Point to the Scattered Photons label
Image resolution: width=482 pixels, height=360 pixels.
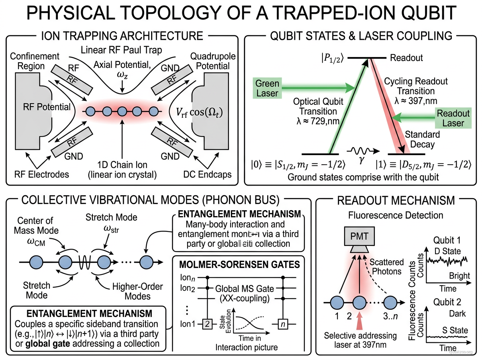tap(386, 267)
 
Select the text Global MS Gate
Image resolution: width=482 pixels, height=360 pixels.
tap(241, 288)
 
